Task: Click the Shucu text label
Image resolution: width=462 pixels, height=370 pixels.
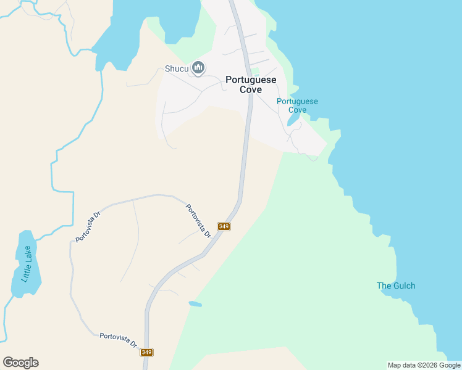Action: [177, 68]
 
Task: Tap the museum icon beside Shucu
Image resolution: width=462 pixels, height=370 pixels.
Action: [198, 68]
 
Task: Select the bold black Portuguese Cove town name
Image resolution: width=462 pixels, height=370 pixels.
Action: [251, 84]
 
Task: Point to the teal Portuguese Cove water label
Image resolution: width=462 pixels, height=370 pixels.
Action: [297, 105]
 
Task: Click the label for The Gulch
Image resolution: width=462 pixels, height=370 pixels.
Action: [396, 286]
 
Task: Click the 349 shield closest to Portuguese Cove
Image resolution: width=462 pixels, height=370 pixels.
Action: [224, 226]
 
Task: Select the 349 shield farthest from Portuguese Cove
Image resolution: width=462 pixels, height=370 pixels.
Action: [146, 352]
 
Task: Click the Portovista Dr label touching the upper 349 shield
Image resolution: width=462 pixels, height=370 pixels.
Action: [199, 221]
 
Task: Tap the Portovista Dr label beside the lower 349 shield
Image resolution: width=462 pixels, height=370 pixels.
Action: [118, 339]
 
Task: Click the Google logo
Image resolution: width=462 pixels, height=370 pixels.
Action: [20, 363]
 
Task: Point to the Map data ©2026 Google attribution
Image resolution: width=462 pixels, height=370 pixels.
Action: [424, 365]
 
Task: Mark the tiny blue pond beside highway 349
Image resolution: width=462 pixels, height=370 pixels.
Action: [195, 304]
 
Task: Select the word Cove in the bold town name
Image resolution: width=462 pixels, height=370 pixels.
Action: [251, 89]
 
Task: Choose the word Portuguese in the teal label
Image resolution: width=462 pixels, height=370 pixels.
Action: [297, 101]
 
